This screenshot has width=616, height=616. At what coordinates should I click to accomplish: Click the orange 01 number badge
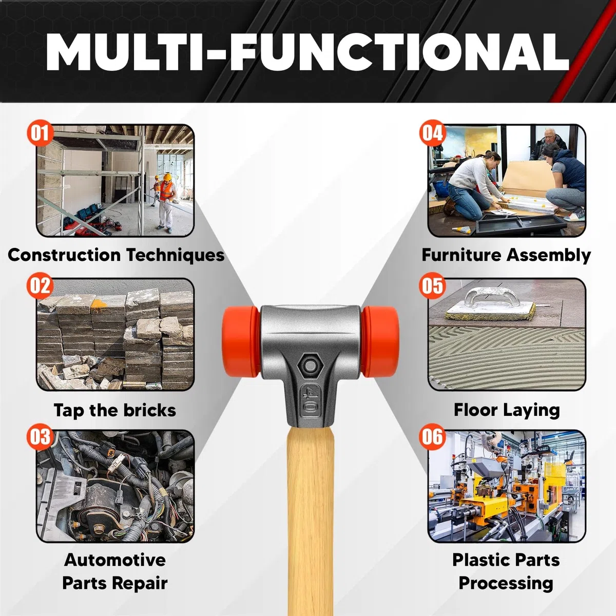pos(40,132)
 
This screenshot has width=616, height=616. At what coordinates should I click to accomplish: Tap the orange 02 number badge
pos(40,285)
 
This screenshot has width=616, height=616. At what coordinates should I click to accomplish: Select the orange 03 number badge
pos(40,436)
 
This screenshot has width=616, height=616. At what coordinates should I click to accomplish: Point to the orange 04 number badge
pos(433,132)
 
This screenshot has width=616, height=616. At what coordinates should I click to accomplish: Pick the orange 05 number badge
pos(433,285)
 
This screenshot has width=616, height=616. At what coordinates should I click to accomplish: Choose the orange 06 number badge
pos(433,436)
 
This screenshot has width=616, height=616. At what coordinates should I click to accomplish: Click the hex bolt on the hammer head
pos(310,365)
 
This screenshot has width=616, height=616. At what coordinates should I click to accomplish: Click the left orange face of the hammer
pos(240,342)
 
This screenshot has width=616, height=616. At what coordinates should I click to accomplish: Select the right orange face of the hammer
pos(380,342)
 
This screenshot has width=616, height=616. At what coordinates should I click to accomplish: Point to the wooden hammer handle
pos(310,521)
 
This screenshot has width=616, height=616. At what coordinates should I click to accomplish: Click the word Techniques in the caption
pos(175,256)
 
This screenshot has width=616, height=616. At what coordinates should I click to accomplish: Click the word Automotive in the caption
pos(115,560)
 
